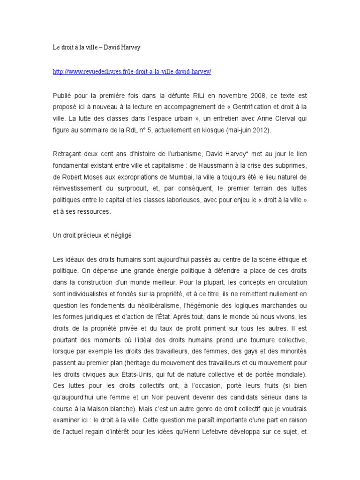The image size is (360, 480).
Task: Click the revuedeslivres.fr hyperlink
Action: click(x=132, y=71)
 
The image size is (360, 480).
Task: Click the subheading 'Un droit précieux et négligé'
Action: click(x=92, y=235)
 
